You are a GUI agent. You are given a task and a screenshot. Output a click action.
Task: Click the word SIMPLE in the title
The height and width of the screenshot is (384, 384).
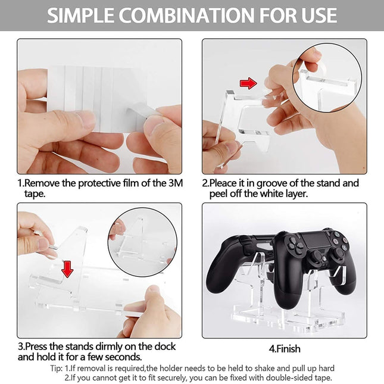(x=83, y=15)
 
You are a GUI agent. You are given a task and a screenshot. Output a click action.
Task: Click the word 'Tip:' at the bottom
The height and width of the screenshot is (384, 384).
(x=60, y=367)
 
